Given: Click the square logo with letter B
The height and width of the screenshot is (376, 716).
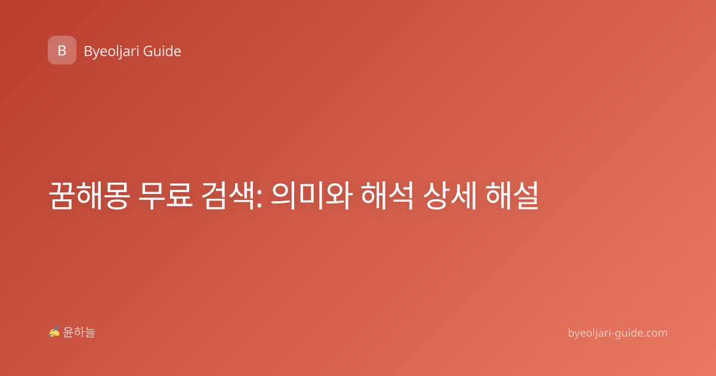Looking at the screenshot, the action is pyautogui.click(x=62, y=50).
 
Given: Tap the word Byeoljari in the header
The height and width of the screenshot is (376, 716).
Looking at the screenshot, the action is pyautogui.click(x=111, y=52).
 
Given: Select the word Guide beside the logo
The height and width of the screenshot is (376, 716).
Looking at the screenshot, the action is pyautogui.click(x=162, y=51).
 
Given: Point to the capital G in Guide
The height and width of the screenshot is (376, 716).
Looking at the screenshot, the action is pyautogui.click(x=148, y=51).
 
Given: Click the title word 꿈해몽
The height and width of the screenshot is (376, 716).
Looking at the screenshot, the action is pyautogui.click(x=89, y=195).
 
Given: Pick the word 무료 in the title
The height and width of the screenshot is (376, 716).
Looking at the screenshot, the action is pyautogui.click(x=166, y=195).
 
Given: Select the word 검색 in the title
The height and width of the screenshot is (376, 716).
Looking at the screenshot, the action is pyautogui.click(x=227, y=195).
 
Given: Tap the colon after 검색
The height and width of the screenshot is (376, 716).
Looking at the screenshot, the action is pyautogui.click(x=259, y=199).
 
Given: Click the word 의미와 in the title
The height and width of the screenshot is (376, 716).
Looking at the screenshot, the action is pyautogui.click(x=311, y=195).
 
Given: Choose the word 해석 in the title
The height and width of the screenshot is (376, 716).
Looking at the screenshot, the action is pyautogui.click(x=387, y=195).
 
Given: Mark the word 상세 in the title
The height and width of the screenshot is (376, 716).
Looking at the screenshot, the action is pyautogui.click(x=450, y=195).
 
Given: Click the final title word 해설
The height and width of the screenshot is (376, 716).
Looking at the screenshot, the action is pyautogui.click(x=512, y=195).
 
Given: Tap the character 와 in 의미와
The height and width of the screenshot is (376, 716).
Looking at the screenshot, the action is pyautogui.click(x=340, y=195).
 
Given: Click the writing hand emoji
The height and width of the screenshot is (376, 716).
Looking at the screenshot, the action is pyautogui.click(x=54, y=332).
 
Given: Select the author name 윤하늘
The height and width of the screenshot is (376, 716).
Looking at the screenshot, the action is pyautogui.click(x=79, y=332).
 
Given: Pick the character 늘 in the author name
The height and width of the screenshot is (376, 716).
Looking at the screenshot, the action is pyautogui.click(x=90, y=332).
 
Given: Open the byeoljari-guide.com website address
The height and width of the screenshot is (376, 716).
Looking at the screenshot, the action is pyautogui.click(x=618, y=333).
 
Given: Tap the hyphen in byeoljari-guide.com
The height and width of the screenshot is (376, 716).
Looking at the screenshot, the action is pyautogui.click(x=612, y=334).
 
